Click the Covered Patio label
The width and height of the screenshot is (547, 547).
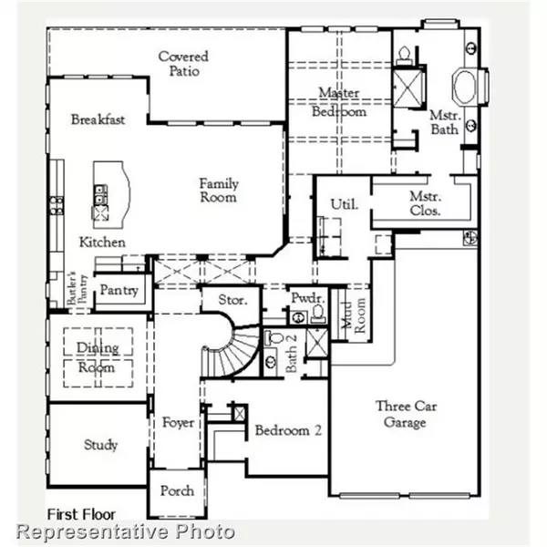pos(183,64)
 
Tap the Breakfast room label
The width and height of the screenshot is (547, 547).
pos(98,120)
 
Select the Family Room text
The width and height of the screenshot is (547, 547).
pos(219,191)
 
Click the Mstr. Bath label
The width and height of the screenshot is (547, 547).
pos(446,124)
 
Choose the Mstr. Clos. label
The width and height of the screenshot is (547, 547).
pos(425,202)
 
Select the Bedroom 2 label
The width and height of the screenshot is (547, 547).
pos(285,430)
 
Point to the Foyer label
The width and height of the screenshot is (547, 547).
pos(178,423)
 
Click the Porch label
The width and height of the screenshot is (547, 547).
pos(177,490)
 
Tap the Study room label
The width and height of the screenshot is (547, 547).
pos(100,445)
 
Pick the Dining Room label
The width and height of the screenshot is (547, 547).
pos(96,358)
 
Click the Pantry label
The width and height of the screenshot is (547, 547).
pos(119,291)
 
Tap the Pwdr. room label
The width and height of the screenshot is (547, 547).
pos(304,299)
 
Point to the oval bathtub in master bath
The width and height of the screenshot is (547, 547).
pos(465,89)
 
